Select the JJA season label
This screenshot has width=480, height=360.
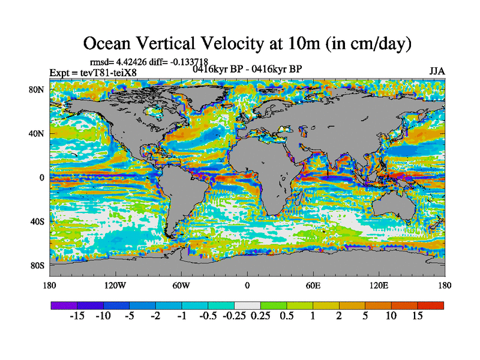click(437, 71)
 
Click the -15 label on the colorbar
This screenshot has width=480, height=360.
click(76, 316)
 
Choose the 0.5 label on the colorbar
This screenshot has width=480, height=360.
click(286, 316)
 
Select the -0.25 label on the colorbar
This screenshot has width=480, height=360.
click(233, 316)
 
